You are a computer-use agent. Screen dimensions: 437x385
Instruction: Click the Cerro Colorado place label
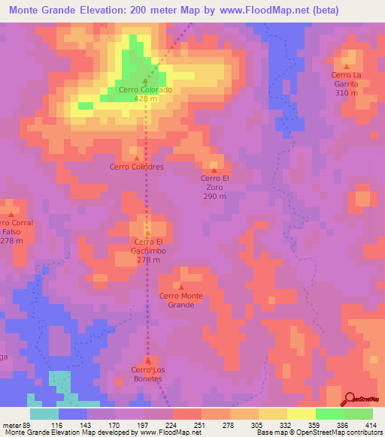145,89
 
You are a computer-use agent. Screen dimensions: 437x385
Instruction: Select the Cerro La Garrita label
346,79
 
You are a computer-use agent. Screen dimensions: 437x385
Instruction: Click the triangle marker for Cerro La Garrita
347,66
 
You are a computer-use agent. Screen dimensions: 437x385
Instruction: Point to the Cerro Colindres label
136,167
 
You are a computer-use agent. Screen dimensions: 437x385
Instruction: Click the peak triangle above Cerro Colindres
136,158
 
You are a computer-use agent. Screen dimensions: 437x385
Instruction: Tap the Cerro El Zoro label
214,178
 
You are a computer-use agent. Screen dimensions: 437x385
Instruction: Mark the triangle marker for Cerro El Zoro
214,169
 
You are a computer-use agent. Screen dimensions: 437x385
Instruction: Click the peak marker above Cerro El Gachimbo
148,233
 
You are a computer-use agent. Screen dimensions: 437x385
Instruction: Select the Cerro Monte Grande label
180,300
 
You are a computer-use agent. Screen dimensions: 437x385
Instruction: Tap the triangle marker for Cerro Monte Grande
180,286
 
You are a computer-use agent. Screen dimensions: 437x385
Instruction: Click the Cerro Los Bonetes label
147,373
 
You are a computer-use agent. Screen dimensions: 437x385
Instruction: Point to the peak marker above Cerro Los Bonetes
147,360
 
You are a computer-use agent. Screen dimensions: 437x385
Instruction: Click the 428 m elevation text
145,98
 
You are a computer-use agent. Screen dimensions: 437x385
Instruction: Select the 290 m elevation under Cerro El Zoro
214,196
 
